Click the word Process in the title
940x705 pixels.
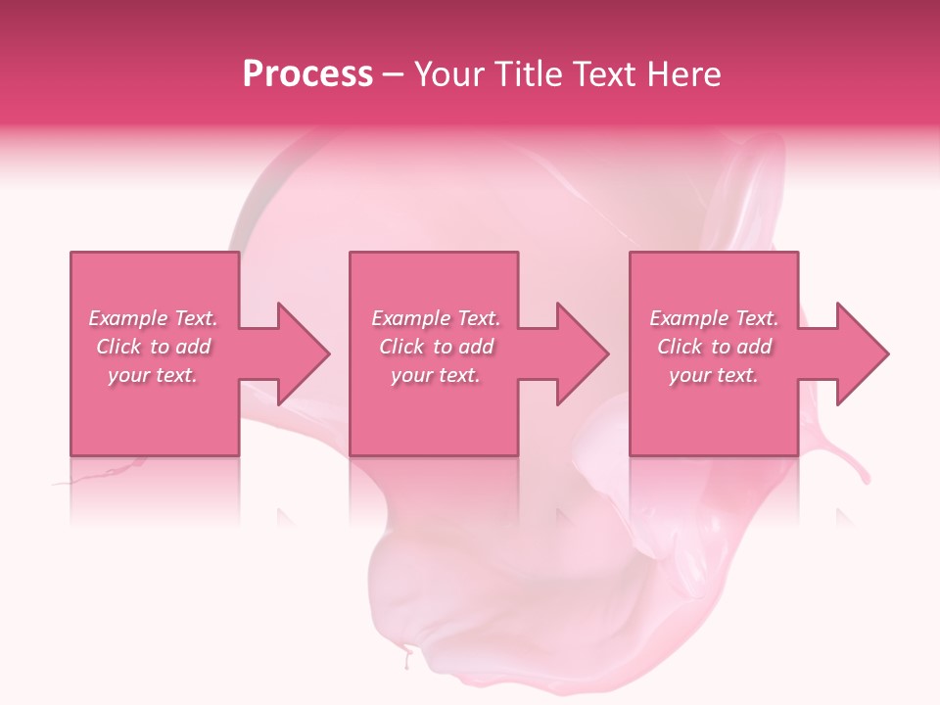[x=307, y=74]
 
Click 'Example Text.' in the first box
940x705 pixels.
[x=153, y=318]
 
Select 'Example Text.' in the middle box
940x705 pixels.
[x=436, y=318]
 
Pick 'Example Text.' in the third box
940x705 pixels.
[x=714, y=318]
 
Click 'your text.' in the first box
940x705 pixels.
[x=153, y=375]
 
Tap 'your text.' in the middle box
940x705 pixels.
[x=436, y=375]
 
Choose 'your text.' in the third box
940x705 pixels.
[x=714, y=375]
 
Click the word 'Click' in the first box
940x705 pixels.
[x=118, y=347]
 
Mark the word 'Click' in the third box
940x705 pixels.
[x=680, y=347]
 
